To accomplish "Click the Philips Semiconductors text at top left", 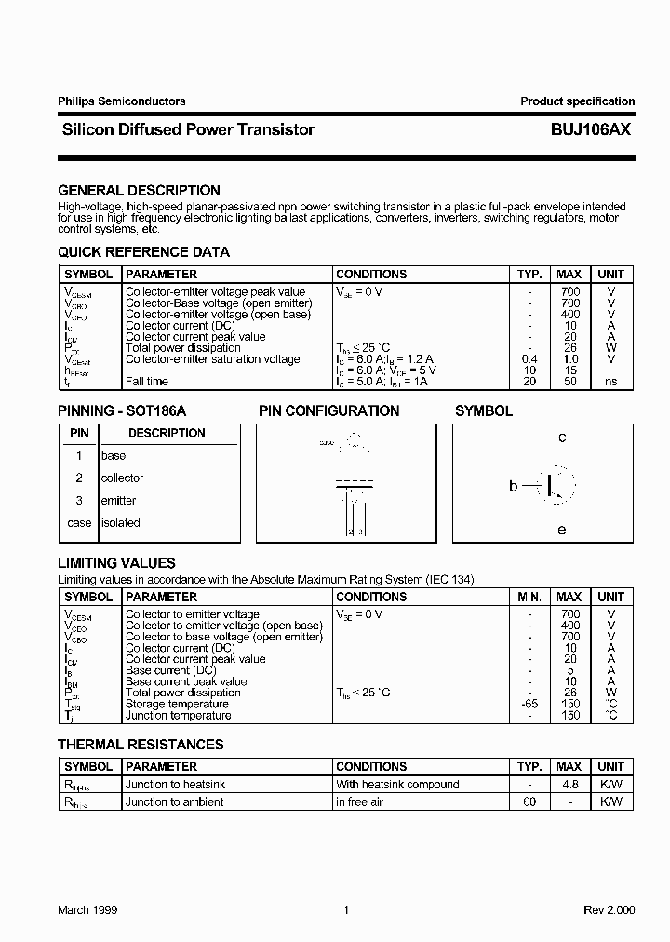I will (121, 101).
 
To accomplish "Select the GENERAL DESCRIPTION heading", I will (139, 191).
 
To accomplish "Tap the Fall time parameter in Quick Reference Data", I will (147, 382).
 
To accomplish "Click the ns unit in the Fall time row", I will (610, 382).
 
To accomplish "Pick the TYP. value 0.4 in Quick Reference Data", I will (529, 359).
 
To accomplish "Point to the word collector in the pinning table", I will (122, 478).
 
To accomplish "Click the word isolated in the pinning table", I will (120, 523).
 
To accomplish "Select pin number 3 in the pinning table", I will (79, 501).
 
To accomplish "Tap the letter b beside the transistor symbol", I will (513, 486).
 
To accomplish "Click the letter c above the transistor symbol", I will (562, 437).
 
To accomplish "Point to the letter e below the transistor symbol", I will (561, 531).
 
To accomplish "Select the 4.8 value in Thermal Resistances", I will (569, 785).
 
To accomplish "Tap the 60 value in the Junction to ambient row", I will (529, 802).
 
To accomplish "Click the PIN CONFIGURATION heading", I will (328, 411).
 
